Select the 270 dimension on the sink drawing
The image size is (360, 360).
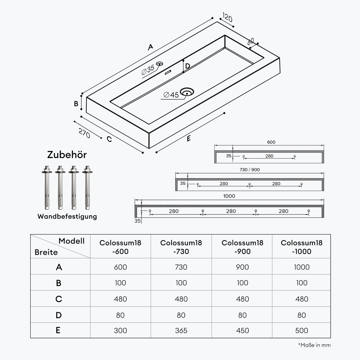[84, 133]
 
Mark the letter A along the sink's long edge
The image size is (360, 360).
[151, 47]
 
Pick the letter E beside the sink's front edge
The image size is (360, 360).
[189, 138]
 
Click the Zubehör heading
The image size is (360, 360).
[67, 155]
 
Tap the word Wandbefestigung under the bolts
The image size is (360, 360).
[67, 216]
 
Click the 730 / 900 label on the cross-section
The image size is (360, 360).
[249, 170]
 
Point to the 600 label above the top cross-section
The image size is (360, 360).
[271, 142]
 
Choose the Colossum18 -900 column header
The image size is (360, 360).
[242, 247]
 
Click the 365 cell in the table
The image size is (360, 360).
[181, 331]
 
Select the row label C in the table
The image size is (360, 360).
[59, 299]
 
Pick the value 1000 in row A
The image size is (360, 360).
[302, 267]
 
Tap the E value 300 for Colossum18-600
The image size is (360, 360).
[120, 331]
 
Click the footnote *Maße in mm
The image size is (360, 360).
[314, 345]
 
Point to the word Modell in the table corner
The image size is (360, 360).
[71, 241]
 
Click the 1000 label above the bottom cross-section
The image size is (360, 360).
[229, 196]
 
